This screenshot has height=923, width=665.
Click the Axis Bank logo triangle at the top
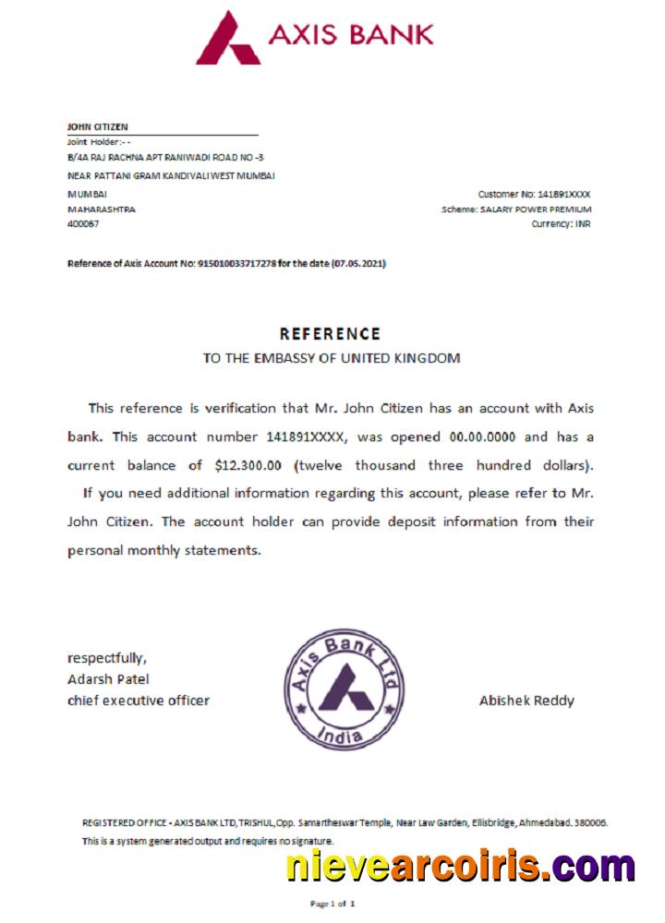[227, 39]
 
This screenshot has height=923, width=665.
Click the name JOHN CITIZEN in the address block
[98, 126]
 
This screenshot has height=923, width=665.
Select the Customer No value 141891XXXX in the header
[563, 194]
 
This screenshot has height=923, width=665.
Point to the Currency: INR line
[561, 224]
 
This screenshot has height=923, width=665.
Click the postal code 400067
[83, 224]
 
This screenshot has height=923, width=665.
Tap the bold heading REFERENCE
[330, 334]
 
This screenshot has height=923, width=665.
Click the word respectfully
[106, 658]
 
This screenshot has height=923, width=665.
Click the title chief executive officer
[139, 701]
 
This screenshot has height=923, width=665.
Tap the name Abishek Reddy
[526, 701]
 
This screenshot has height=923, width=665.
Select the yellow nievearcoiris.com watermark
[460, 867]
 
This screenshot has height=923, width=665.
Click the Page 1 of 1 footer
[332, 904]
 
